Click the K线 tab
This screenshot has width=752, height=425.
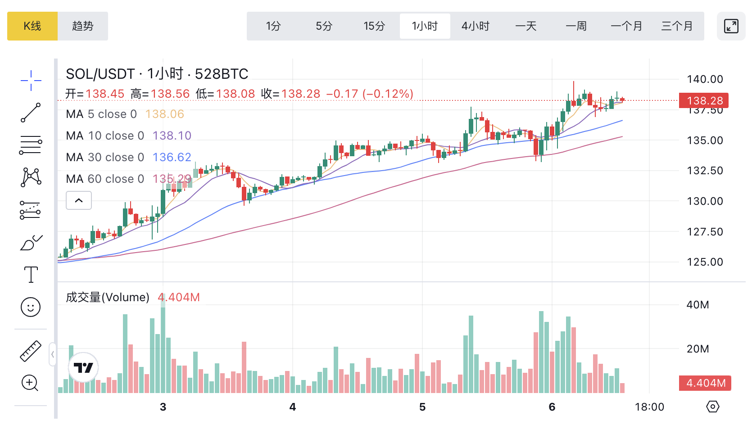click(x=32, y=26)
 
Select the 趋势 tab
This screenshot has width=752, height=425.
click(x=83, y=26)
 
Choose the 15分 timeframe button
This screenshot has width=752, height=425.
click(x=374, y=26)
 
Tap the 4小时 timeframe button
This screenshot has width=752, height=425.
click(x=476, y=26)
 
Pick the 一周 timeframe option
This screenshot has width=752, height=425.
click(x=576, y=26)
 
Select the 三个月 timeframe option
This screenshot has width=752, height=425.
click(x=677, y=26)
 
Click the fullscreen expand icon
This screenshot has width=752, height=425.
click(x=731, y=26)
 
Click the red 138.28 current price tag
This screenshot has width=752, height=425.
click(x=705, y=101)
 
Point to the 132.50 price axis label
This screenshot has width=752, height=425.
click(x=705, y=171)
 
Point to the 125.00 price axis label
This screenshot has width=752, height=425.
click(x=705, y=262)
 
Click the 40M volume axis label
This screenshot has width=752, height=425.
click(x=698, y=305)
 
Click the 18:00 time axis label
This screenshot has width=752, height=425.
click(x=649, y=407)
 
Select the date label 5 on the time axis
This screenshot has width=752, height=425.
click(x=422, y=407)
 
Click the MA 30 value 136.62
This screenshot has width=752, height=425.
click(x=172, y=157)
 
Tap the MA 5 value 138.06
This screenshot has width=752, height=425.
click(x=165, y=114)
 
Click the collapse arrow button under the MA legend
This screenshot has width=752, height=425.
click(x=79, y=200)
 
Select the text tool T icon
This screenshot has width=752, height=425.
click(x=31, y=274)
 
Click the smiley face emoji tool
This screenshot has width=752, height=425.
click(x=31, y=307)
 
